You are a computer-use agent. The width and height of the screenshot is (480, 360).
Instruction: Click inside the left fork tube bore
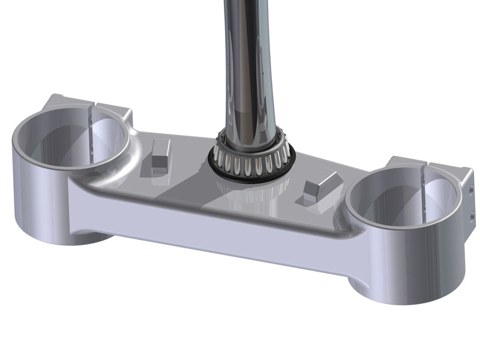point(72,147)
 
